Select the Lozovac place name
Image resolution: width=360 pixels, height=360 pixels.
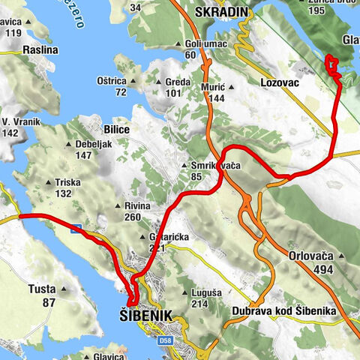click(282, 81)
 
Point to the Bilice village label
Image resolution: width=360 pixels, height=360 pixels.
click(117, 129)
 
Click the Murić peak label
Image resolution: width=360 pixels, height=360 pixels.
click(214, 88)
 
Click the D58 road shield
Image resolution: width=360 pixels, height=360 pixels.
click(167, 342)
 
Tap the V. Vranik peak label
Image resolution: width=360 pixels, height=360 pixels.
click(20, 121)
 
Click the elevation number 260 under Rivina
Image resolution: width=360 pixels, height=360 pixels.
click(133, 217)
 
